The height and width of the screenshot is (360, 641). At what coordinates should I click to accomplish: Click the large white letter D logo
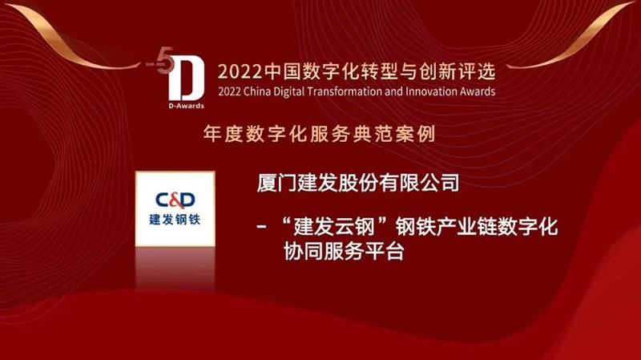187,79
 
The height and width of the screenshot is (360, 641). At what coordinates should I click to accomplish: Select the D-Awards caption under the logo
186,106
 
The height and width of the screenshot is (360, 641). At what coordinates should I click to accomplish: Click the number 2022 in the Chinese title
240,72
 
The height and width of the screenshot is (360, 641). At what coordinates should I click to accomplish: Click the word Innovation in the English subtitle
431,91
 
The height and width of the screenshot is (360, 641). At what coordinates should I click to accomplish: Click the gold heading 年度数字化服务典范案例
319,134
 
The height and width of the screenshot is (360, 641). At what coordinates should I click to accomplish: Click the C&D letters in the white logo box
175,200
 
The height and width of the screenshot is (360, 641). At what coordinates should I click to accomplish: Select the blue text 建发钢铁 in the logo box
175,219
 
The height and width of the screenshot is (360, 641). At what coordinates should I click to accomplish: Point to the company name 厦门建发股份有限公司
357,183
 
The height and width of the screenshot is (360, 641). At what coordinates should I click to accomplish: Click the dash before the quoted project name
262,227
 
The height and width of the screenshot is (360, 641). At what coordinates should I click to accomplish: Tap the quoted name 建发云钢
334,227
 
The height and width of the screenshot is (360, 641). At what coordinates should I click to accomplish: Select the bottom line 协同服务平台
344,251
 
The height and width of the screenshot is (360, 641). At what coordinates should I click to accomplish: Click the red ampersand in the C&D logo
175,200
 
